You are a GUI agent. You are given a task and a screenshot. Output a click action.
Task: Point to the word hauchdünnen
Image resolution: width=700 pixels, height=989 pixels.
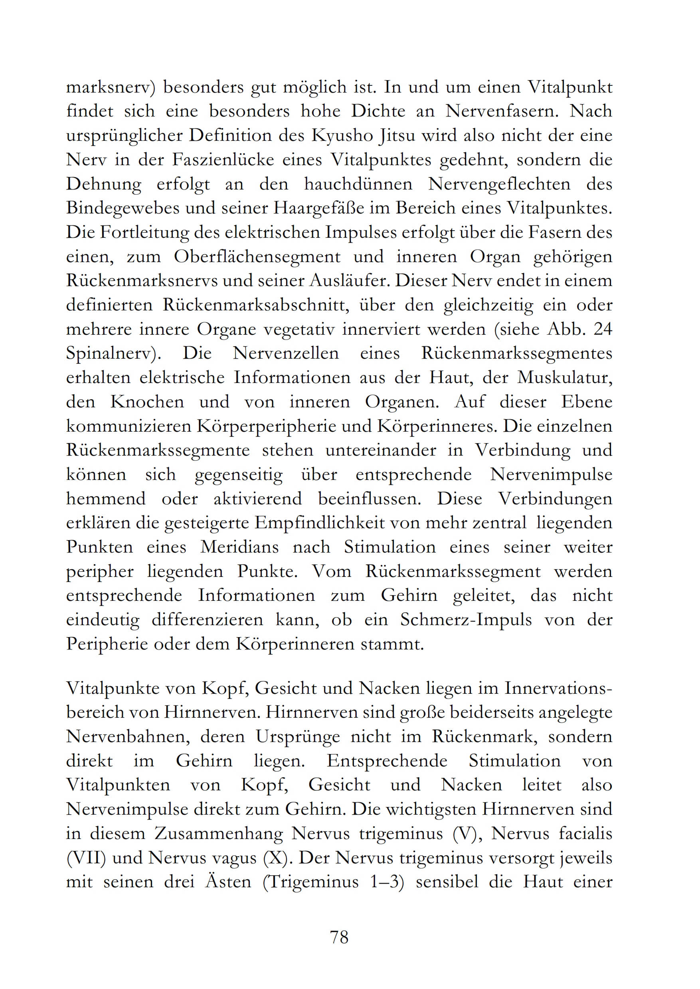pos(358,184)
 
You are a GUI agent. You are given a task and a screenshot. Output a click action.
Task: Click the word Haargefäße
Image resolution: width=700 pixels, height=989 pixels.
pos(319,209)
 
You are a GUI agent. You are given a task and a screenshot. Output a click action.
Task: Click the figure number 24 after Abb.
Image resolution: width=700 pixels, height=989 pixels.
pos(602,330)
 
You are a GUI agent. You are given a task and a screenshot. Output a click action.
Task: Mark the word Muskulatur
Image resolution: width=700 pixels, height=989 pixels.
pos(565,378)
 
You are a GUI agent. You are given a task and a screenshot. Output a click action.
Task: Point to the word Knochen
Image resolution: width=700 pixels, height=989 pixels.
pos(147,402)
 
